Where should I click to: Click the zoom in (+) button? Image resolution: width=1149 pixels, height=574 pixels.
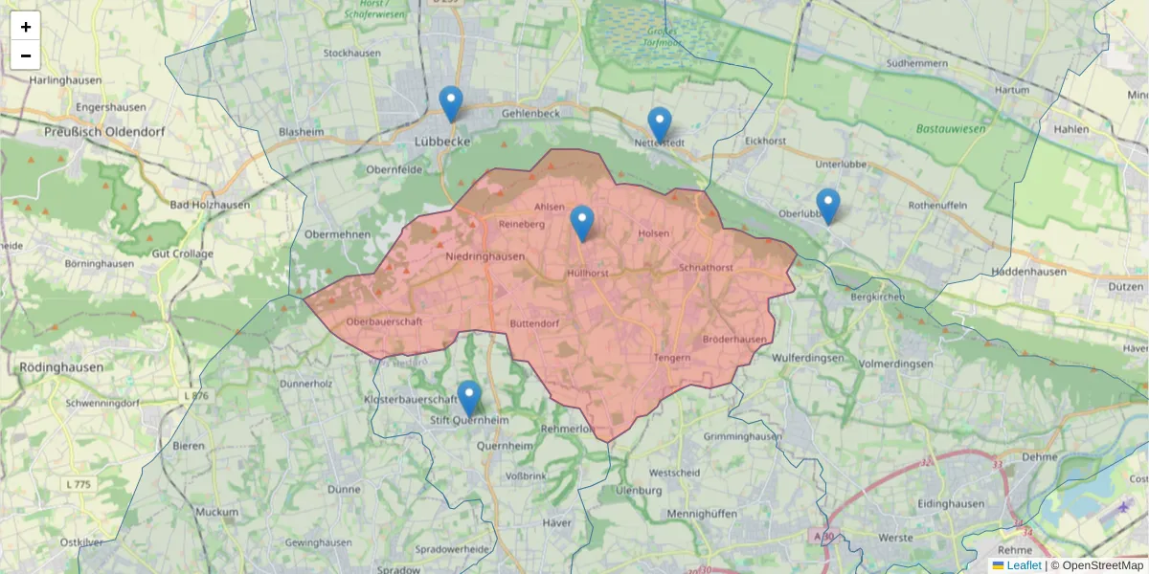[x=25, y=27]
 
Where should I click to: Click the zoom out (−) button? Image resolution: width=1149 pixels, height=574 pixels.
[x=25, y=55]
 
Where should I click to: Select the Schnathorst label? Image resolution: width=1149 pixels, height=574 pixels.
[x=706, y=268]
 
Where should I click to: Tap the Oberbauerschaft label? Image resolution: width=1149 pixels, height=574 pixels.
[x=385, y=321]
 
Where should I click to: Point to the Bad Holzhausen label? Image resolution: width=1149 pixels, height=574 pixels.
[x=210, y=205]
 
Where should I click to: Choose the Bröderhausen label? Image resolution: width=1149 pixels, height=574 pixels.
[x=734, y=340]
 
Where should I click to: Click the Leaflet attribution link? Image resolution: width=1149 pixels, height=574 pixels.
[x=1023, y=565]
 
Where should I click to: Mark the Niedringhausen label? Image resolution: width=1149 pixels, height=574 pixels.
[x=485, y=256]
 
